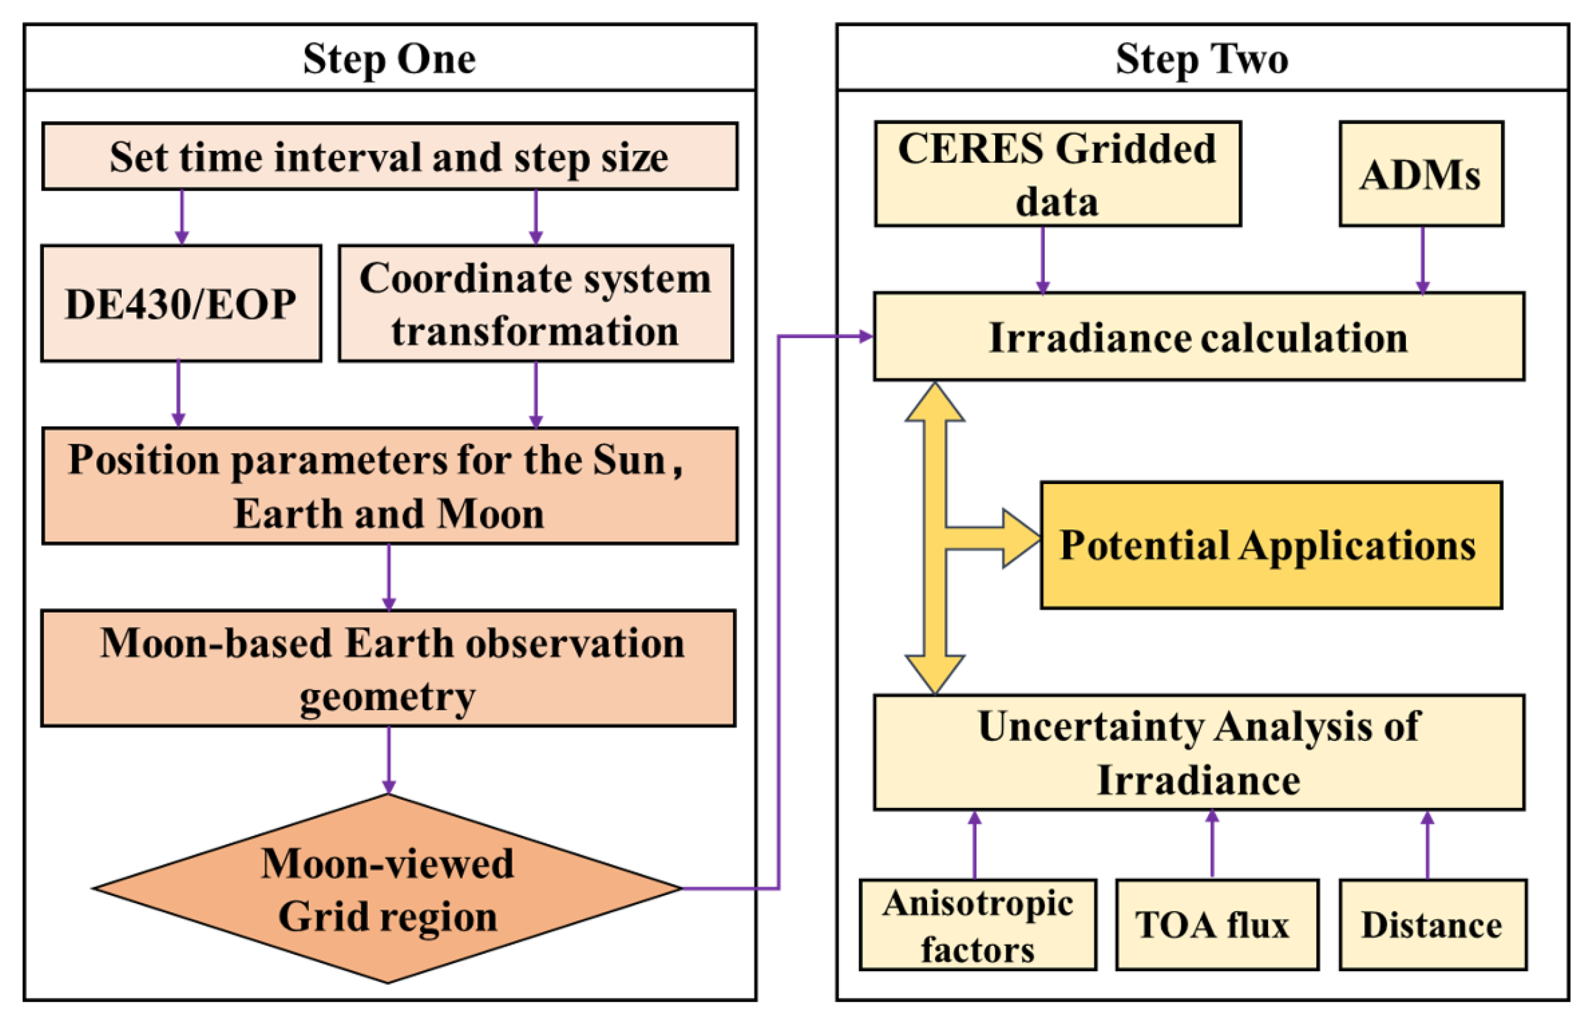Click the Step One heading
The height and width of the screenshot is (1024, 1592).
tap(389, 58)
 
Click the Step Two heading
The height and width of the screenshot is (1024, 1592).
tap(1201, 58)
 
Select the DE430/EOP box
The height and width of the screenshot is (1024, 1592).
tap(181, 303)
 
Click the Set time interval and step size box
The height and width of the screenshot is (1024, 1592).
tap(389, 156)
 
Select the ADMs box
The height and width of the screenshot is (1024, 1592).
tap(1421, 174)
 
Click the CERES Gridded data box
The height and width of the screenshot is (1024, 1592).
tap(1057, 174)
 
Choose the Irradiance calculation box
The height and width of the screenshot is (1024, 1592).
tap(1198, 336)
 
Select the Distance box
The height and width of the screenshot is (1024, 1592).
tap(1433, 924)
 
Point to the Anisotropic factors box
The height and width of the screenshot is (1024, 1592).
tap(977, 924)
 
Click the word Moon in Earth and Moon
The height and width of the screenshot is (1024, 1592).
tap(491, 513)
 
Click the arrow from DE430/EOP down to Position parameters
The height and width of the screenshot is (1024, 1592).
tap(178, 393)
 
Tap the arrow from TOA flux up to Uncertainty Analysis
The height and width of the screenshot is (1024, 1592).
tap(1212, 845)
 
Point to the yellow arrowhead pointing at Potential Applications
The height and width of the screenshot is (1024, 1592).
tap(1022, 538)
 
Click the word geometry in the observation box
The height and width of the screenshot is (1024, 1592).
tap(388, 697)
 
